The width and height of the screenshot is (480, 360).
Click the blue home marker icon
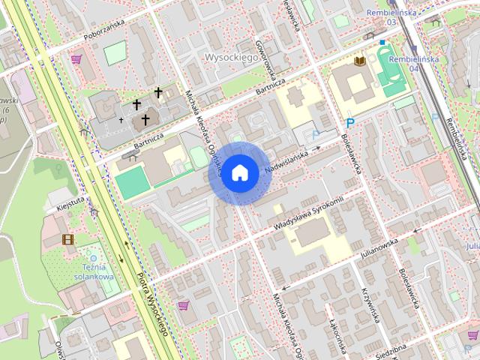[239, 172]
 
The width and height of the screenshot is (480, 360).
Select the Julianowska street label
[378, 249]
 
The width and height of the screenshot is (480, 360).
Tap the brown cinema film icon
[68, 240]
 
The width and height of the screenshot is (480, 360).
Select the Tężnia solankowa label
[94, 271]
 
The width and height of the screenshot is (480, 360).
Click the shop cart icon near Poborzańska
[76, 58]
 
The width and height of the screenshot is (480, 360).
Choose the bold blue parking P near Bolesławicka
[349, 124]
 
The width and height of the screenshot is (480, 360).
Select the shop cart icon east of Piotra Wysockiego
[183, 305]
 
